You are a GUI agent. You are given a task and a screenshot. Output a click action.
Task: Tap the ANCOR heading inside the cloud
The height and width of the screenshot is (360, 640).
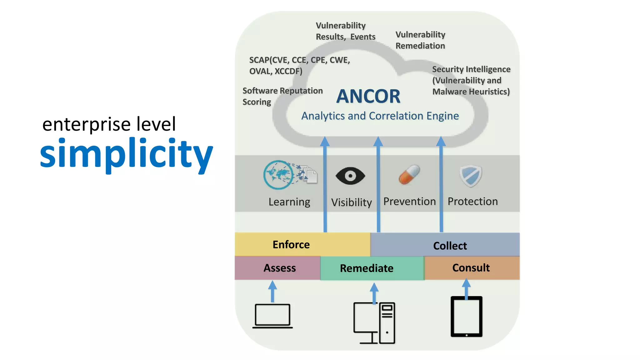368,96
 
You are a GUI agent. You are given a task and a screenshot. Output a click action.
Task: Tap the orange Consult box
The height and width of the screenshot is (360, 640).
471,268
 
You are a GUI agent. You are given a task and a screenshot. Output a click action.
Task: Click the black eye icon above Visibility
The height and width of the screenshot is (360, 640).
350,176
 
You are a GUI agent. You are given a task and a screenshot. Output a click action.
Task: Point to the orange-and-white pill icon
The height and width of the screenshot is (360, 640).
409,175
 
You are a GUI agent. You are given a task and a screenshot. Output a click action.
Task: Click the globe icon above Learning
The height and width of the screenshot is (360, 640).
278,175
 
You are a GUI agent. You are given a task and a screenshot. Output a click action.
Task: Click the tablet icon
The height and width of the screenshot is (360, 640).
466,317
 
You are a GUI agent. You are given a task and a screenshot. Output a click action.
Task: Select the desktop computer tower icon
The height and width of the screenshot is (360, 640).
387,323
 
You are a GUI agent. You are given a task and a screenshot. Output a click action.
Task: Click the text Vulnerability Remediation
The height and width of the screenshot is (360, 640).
420,40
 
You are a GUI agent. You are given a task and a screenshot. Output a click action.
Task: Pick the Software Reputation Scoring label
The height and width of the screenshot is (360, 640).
282,96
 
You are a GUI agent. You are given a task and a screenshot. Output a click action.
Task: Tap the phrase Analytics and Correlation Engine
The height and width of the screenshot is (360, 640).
380,116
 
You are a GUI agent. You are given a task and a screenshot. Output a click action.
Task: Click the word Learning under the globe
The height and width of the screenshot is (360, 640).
289,202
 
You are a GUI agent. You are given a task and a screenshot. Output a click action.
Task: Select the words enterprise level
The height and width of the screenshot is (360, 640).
109,124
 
